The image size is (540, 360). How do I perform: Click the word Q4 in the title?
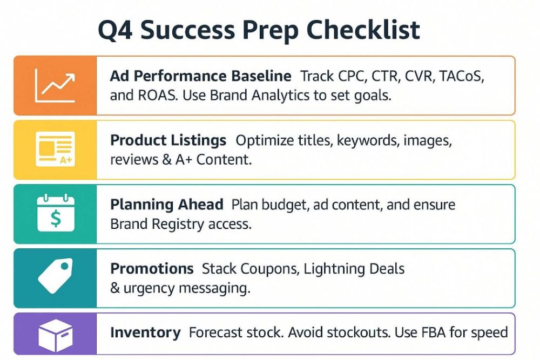115,30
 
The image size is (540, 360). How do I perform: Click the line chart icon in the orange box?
55,85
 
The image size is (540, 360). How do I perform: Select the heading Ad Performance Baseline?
200,76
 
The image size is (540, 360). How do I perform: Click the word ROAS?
158,96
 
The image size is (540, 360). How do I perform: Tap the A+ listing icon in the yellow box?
56,149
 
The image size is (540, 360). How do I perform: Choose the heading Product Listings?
168,140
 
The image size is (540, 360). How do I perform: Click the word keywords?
368,140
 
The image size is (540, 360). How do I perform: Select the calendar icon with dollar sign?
56,213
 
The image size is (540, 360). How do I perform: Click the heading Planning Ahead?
167,205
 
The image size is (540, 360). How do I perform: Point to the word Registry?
178,225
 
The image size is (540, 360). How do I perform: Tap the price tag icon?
56,276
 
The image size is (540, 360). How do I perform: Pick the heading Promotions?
152,269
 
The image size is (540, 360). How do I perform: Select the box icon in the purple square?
56,335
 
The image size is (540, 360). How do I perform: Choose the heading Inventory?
145,333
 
